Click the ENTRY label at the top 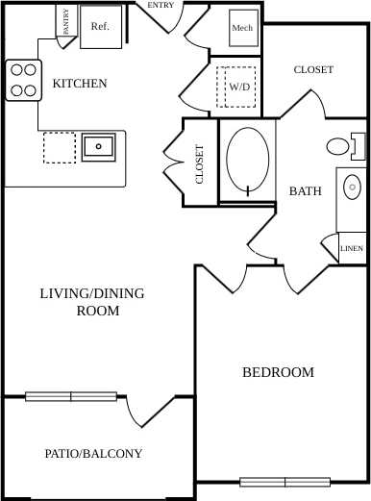point(161,5)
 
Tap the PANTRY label point(66,20)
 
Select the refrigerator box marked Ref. point(100,27)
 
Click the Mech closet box point(242,28)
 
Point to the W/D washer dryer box point(237,87)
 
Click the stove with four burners point(24,81)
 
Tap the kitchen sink point(99,147)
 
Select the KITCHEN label point(80,84)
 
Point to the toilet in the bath point(341,147)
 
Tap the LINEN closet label point(352,248)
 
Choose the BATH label point(306,191)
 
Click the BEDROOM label point(278,372)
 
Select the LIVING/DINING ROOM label point(92,301)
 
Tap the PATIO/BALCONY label point(94,453)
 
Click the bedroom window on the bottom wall point(284,482)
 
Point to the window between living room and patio point(71,396)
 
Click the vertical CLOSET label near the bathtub point(200,164)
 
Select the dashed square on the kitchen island point(60,147)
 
